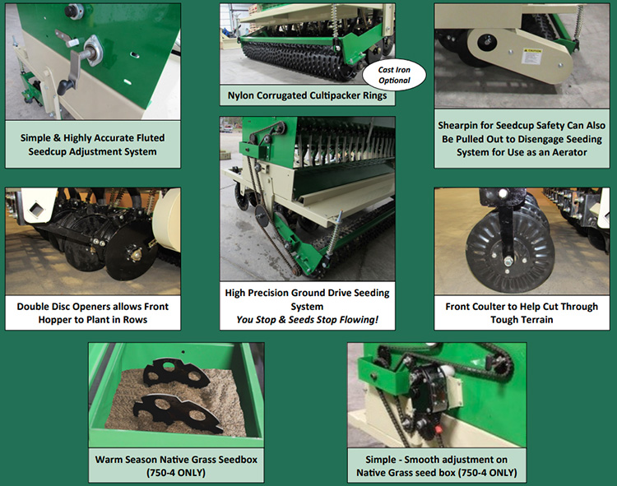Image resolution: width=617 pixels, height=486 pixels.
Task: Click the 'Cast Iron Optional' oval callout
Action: (394, 75)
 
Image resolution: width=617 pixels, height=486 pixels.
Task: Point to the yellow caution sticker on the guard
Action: (531, 56)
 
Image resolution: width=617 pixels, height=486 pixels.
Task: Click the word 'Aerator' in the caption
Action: (569, 152)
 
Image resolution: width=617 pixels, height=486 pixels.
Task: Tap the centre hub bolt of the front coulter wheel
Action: (508, 260)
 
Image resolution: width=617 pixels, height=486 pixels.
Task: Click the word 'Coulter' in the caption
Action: (489, 306)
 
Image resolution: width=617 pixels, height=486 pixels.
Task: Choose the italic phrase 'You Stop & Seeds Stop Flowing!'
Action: (308, 320)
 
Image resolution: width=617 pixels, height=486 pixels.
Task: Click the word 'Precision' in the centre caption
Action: (266, 293)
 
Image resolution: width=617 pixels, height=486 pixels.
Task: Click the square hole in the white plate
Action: (36, 209)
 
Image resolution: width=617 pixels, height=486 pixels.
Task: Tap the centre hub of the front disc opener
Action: (136, 254)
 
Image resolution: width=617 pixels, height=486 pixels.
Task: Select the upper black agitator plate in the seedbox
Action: (176, 373)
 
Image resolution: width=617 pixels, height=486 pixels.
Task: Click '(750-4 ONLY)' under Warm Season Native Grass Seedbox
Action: (176, 472)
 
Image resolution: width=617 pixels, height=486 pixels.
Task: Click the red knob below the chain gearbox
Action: (437, 428)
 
